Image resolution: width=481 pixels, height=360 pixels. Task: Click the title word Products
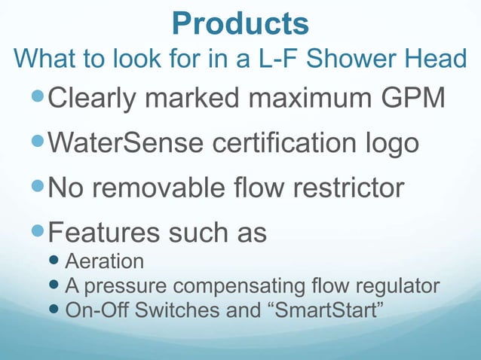click(x=240, y=23)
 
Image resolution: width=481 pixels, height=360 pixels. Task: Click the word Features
click(x=103, y=230)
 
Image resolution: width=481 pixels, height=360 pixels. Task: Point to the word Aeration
click(x=105, y=262)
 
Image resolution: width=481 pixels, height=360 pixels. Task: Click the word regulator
click(x=400, y=287)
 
